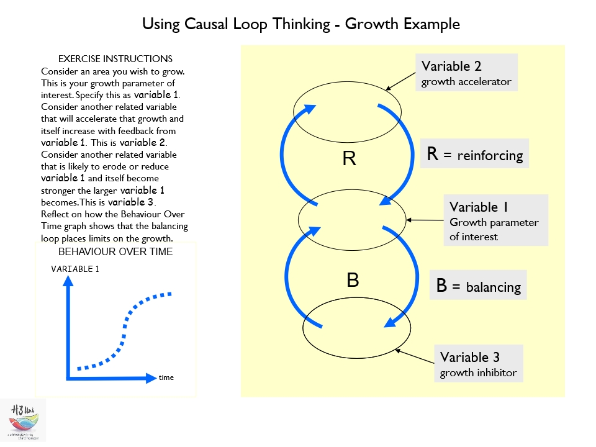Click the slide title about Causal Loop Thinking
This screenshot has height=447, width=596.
click(x=301, y=24)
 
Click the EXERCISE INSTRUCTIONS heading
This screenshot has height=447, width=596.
click(x=115, y=59)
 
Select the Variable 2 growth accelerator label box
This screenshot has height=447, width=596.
click(x=466, y=73)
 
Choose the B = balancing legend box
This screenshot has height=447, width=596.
click(x=478, y=285)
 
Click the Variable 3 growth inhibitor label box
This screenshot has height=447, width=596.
click(x=478, y=364)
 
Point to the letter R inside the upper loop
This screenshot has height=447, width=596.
click(x=349, y=159)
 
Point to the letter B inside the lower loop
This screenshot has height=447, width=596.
click(x=353, y=280)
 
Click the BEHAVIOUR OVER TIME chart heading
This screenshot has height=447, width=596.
click(x=115, y=252)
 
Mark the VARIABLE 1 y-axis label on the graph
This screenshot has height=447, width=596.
click(x=75, y=269)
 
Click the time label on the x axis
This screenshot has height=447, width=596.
click(x=166, y=377)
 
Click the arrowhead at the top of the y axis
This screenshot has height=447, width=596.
click(x=69, y=280)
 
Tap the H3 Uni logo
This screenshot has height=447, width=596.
click(x=24, y=420)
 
